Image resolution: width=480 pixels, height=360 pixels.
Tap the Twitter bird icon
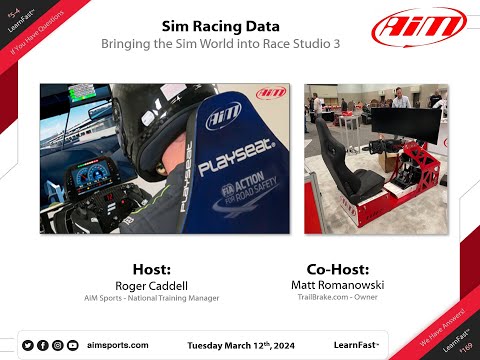[27, 345]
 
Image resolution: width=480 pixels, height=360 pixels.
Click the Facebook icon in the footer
[42, 345]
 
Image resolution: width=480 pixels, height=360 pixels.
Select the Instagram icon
[58, 345]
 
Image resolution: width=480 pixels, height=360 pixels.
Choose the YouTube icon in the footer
[73, 345]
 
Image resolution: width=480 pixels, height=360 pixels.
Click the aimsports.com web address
[118, 345]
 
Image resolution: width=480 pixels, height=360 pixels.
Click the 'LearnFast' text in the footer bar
[355, 345]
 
